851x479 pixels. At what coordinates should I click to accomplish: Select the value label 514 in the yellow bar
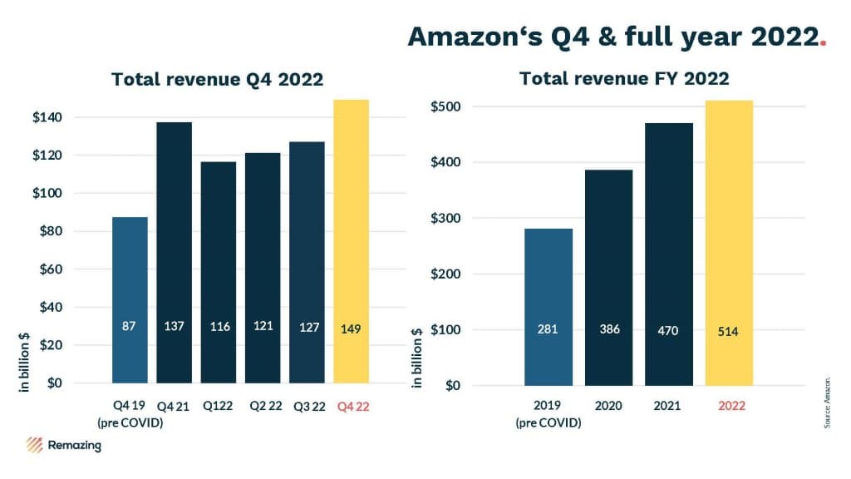(x=729, y=331)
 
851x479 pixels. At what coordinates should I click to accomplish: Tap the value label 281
(x=548, y=330)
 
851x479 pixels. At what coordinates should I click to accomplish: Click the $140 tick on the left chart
(x=48, y=117)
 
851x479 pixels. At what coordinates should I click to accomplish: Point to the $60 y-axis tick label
(x=51, y=269)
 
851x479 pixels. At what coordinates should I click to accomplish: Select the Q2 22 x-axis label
(x=263, y=407)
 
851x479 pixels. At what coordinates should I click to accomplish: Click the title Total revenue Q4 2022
(x=217, y=80)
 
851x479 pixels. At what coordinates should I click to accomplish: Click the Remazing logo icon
(x=34, y=445)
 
